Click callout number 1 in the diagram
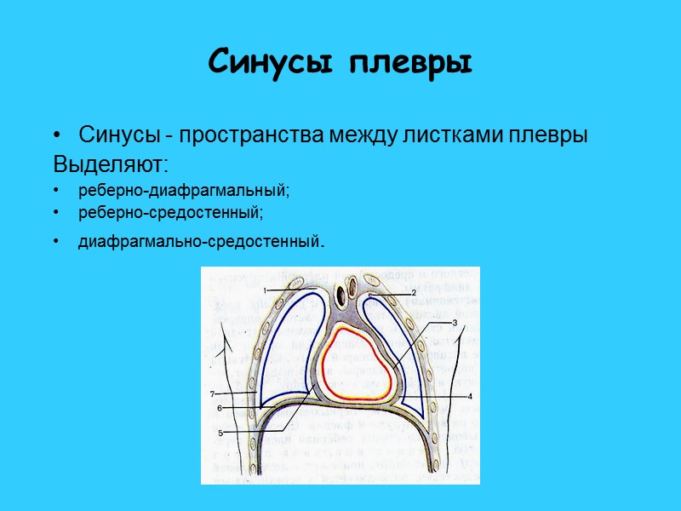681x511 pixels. pos(266,291)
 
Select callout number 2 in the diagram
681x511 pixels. pos(413,293)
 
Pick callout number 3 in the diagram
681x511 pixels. pos(455,323)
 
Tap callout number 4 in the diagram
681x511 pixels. pos(469,397)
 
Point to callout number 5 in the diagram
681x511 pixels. pos(220,433)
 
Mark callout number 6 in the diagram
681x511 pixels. pos(219,409)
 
